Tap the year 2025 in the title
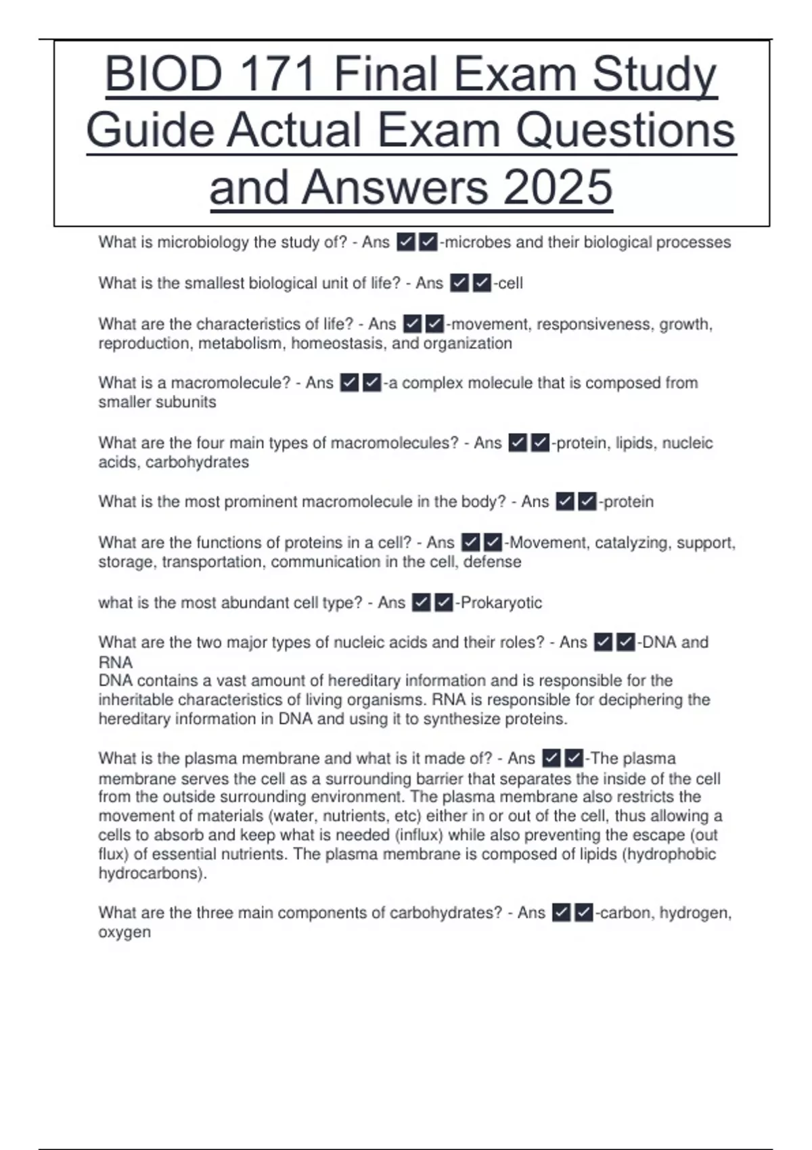[x=558, y=187]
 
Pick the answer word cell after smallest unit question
[x=510, y=283]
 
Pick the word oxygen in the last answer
[x=125, y=932]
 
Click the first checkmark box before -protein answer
[x=565, y=502]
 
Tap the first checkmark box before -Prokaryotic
[x=421, y=603]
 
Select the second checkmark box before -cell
[x=481, y=283]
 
